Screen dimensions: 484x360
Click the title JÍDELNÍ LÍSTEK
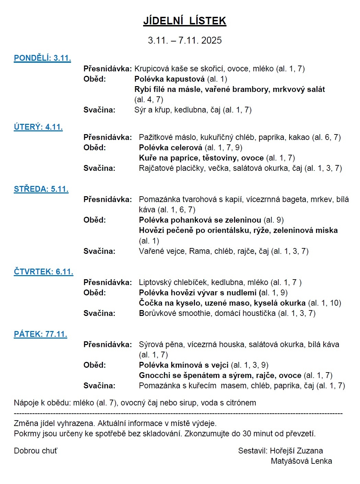185,21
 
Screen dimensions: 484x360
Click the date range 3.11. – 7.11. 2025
185,40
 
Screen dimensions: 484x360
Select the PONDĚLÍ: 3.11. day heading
42,58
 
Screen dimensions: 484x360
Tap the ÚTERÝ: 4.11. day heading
38,127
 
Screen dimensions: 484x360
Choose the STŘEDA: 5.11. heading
41,189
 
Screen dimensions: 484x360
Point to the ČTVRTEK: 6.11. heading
44,272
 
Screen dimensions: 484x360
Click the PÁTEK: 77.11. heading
40,334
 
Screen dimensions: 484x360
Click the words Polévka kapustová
170,79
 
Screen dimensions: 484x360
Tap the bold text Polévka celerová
171,147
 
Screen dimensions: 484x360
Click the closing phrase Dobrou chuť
35,451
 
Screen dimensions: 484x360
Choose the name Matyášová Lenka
301,461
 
